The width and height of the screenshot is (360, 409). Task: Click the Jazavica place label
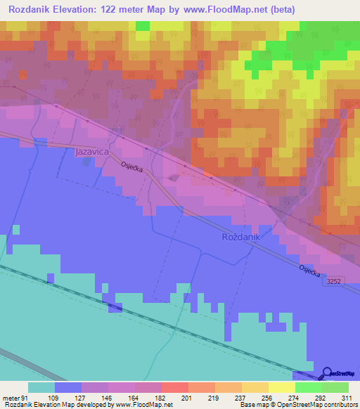(x=91, y=151)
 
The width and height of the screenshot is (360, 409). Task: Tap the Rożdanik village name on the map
(x=241, y=238)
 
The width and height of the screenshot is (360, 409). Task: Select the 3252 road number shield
(x=334, y=281)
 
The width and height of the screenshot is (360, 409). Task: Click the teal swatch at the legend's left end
(x=41, y=388)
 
